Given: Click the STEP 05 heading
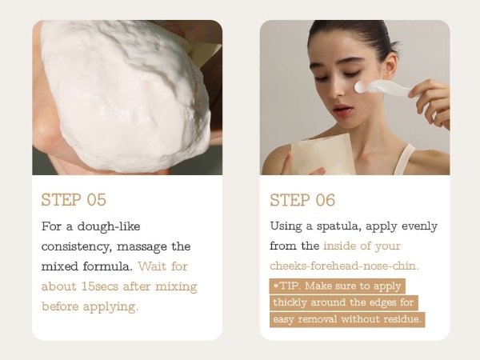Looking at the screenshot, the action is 74,199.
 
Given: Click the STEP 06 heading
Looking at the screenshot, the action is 302,200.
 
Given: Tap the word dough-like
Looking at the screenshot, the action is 109,226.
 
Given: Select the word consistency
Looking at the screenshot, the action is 75,246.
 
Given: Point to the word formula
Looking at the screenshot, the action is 108,266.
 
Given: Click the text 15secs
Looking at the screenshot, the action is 100,286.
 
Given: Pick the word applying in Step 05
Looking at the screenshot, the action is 110,306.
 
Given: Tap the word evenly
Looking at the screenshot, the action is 419,226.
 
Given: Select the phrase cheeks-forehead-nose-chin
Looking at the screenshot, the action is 344,266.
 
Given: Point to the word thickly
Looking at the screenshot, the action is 290,302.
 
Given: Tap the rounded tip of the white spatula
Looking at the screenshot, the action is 361,87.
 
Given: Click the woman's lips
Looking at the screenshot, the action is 342,110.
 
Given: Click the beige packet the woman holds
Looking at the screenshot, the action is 322,154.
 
